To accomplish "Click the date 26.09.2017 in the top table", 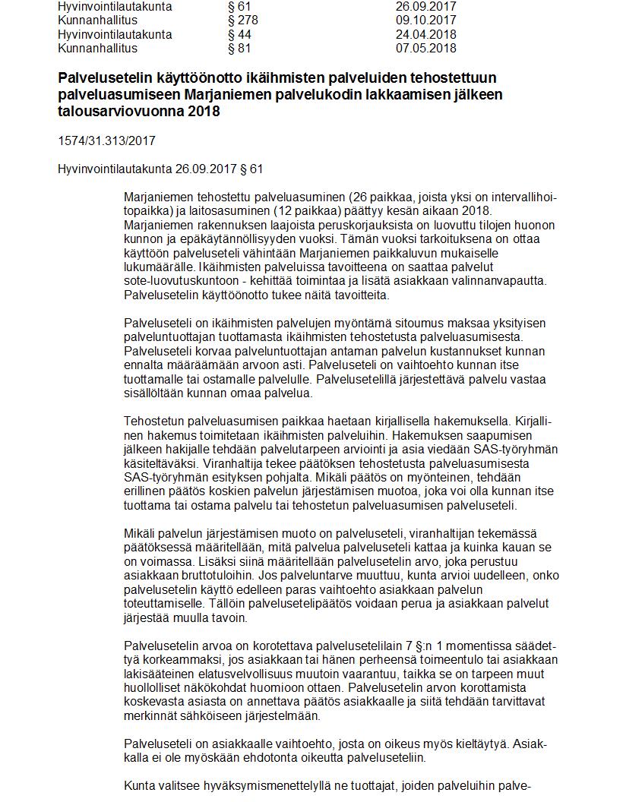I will tap(425, 7).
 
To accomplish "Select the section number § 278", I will tap(242, 21).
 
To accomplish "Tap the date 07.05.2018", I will tap(425, 49).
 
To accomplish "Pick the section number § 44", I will tap(239, 35).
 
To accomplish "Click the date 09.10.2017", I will tap(425, 21).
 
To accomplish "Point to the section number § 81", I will tap(239, 49).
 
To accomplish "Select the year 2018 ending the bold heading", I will tap(203, 112).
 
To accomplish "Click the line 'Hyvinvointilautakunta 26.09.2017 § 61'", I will tap(160, 169).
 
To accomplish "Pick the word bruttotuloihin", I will tap(219, 576).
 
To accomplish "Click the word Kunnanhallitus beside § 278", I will tap(97, 21).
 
